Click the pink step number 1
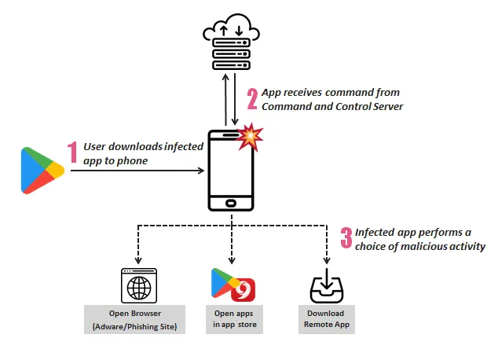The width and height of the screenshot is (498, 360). [x=72, y=152]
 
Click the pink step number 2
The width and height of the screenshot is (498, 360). [x=252, y=98]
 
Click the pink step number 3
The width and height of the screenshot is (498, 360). [x=345, y=239]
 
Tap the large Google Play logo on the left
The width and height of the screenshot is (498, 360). [x=42, y=170]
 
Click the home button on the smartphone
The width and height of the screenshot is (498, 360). [x=231, y=202]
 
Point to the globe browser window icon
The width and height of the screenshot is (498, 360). [x=138, y=285]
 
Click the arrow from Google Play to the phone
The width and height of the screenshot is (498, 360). [x=134, y=171]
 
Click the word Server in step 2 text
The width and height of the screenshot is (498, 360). [x=385, y=106]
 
